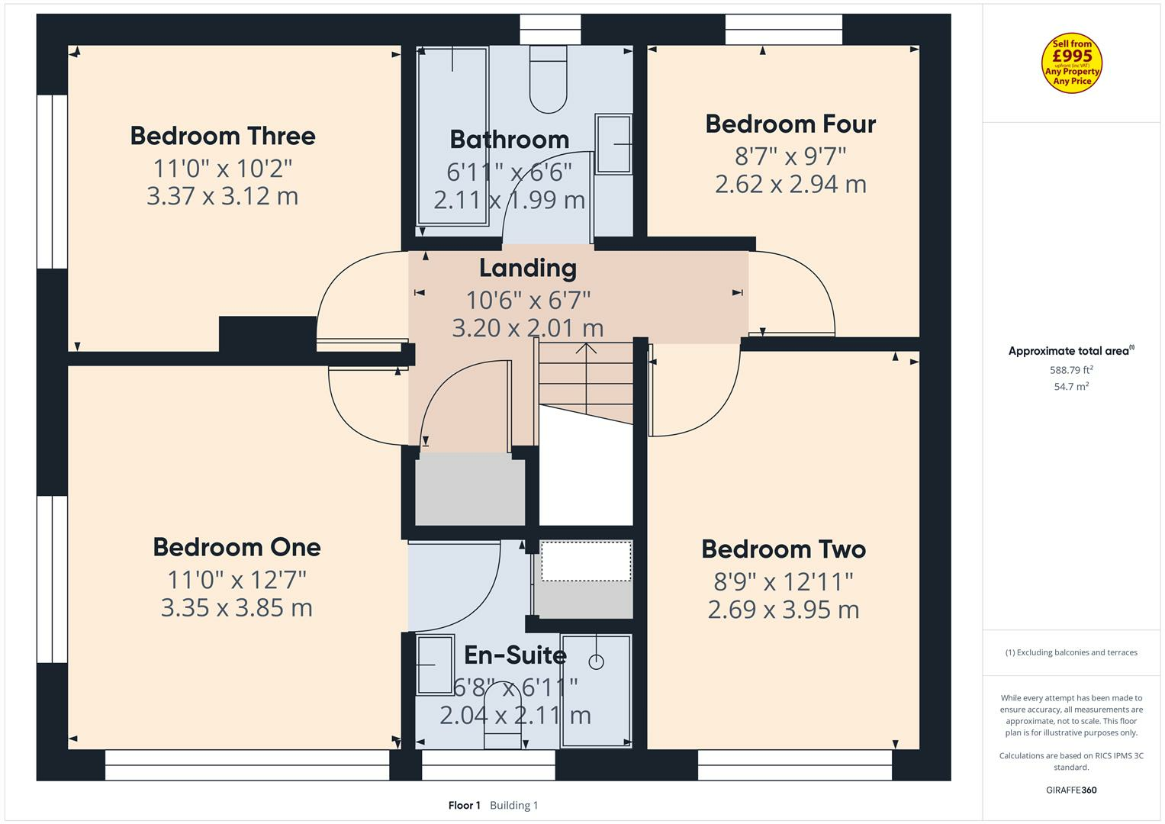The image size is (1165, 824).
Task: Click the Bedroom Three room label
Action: tap(223, 137)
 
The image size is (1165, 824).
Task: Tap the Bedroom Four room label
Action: tap(790, 124)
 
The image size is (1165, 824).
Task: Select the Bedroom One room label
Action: tap(237, 547)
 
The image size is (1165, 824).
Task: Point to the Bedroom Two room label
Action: tap(784, 549)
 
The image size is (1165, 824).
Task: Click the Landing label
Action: tap(528, 269)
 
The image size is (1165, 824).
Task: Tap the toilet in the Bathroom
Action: tap(549, 79)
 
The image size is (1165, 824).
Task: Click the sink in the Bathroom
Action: tap(613, 143)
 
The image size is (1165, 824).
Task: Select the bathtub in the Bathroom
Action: tap(452, 137)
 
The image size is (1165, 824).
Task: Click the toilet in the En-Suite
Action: tap(503, 716)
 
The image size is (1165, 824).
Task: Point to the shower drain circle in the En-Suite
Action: tap(596, 662)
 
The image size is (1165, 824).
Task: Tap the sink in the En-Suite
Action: tap(435, 665)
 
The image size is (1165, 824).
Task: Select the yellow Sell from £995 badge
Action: tap(1072, 63)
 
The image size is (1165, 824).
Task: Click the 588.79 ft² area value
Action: tap(1071, 370)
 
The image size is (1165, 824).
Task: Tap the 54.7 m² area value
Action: tap(1071, 387)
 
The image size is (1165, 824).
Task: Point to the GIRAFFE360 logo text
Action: tap(1071, 790)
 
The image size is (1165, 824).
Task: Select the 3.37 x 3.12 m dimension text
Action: tap(223, 196)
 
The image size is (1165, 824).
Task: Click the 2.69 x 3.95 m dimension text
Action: tap(784, 610)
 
